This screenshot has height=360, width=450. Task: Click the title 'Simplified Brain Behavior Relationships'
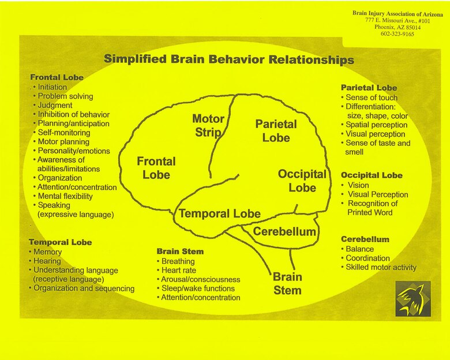[229, 59]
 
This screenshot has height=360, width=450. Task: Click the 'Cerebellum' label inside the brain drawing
[284, 232]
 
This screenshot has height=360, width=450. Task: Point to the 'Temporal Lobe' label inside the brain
[219, 213]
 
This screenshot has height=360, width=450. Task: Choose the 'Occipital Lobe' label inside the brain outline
[302, 181]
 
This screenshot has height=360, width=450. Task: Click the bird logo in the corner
[413, 299]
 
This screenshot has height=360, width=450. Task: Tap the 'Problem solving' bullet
[65, 96]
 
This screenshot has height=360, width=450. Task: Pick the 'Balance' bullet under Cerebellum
[359, 249]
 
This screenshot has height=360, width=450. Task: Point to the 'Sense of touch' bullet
[372, 97]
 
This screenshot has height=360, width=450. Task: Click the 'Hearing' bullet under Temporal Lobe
[47, 261]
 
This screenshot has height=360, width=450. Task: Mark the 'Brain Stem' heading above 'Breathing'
[180, 252]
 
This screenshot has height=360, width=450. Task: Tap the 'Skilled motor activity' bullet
[380, 268]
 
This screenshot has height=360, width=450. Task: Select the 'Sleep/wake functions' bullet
[197, 288]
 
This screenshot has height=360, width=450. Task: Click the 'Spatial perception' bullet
[375, 125]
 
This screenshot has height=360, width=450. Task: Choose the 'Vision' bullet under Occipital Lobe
[359, 185]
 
